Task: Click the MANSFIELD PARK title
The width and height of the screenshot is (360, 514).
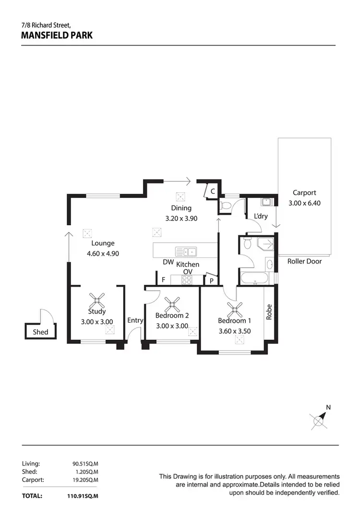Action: click(57, 35)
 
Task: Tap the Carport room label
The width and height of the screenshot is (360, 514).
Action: click(304, 193)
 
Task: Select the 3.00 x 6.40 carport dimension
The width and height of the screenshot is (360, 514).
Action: click(304, 203)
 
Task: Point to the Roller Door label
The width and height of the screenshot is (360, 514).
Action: click(304, 261)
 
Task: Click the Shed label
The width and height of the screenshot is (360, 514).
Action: click(40, 332)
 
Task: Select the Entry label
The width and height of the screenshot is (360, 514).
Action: click(135, 320)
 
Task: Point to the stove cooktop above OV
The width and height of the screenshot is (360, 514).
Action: click(187, 280)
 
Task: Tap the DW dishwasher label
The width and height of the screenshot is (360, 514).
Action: click(168, 262)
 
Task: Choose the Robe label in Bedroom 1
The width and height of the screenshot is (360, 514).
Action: click(269, 313)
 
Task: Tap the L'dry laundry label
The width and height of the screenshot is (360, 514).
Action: click(260, 216)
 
